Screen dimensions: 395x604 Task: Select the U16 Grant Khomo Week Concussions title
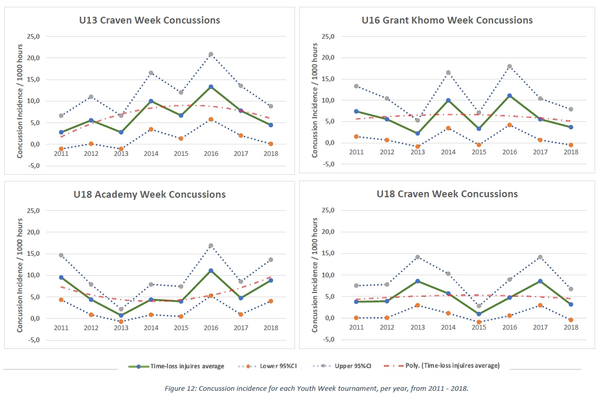point(447,20)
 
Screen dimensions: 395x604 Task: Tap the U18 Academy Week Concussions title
point(150,195)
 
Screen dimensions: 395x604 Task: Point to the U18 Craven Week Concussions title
point(447,194)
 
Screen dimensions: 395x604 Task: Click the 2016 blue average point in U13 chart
point(211,87)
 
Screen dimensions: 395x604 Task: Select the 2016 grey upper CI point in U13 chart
point(211,54)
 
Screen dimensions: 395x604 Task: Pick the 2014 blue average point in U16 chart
point(448,100)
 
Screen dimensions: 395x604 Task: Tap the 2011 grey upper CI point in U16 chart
point(356,86)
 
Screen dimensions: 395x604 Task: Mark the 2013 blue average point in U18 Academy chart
point(121,315)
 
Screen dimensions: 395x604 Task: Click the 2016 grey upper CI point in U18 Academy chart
point(211,245)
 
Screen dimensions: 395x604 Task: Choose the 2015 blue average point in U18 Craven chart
point(478,314)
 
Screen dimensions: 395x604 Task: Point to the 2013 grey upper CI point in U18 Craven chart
point(417,257)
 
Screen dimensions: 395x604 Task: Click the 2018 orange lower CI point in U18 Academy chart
point(271,301)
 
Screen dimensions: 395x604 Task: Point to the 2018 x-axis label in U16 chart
point(571,152)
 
